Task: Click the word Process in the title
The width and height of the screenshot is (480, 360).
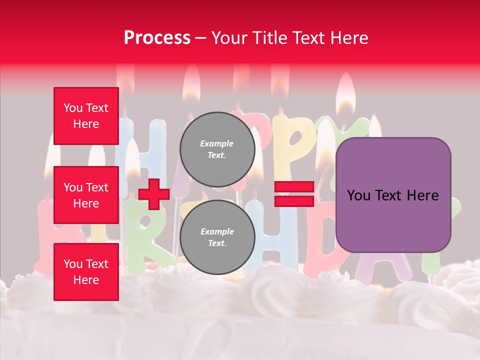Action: [x=157, y=38]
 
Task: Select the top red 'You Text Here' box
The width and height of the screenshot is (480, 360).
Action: [x=86, y=116]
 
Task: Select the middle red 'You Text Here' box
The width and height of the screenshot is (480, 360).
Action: [x=86, y=195]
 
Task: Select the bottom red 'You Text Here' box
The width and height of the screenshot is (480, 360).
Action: [x=86, y=272]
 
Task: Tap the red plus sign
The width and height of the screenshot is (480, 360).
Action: [x=154, y=194]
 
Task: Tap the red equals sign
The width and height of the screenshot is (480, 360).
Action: [x=294, y=194]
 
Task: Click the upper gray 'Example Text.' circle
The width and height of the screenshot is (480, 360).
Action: [x=217, y=149]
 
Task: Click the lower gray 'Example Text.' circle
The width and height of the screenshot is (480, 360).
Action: [x=217, y=237]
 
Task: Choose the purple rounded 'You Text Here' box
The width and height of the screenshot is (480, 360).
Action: [x=393, y=195]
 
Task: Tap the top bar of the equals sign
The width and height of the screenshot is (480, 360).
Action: [x=294, y=187]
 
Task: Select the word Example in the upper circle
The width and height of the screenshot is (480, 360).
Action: [x=217, y=143]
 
